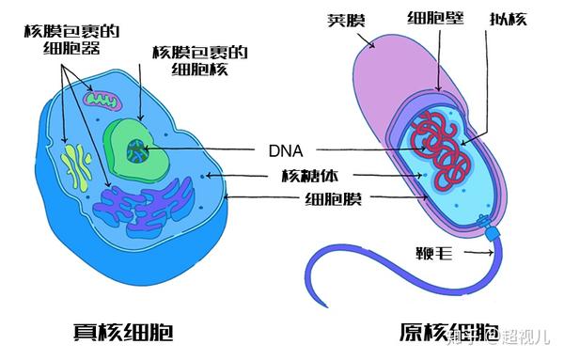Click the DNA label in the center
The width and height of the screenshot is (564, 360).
(283, 149)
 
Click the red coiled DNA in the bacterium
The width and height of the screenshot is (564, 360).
(446, 146)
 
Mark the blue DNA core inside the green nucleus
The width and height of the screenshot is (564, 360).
(137, 148)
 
